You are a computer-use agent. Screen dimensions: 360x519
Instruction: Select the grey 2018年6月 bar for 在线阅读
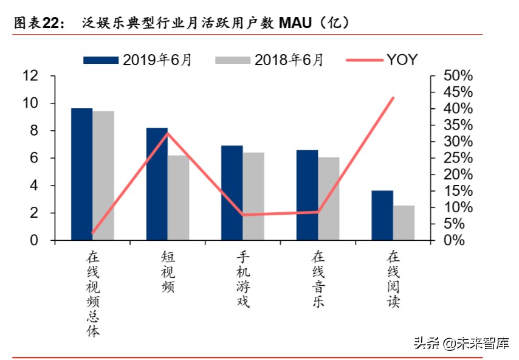coord(404,223)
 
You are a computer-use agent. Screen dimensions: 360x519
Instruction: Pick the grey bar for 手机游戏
coord(253,196)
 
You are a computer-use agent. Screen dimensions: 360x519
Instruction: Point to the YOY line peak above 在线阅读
coord(393,98)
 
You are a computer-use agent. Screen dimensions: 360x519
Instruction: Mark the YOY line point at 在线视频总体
coord(92,232)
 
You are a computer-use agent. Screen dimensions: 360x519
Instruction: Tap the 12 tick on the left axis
coord(30,76)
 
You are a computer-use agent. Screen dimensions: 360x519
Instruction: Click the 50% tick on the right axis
coord(450,76)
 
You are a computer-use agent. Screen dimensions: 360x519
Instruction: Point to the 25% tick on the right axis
coord(450,158)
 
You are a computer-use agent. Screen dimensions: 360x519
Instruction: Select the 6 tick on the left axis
coord(35,158)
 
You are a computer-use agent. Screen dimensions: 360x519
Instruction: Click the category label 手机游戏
coord(243,280)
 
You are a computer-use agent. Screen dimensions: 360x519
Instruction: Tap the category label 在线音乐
coord(318,280)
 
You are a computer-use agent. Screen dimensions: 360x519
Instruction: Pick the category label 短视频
coord(168,272)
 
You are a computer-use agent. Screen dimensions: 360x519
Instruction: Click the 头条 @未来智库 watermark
coord(461,343)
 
